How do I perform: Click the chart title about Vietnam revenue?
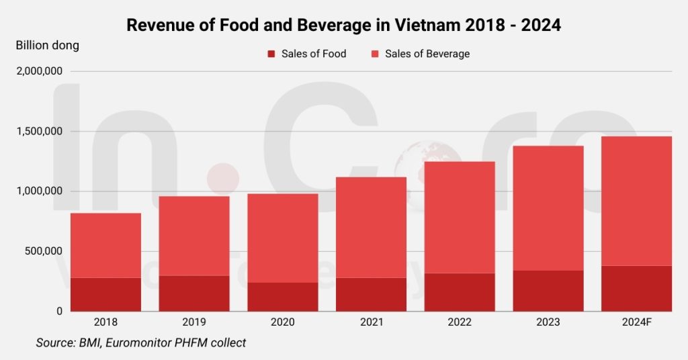pos(344,26)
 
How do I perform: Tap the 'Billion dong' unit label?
pos(47,46)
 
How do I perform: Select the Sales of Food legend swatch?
pos(271,54)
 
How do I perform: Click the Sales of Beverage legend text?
pos(427,54)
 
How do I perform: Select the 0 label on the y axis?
pos(59,311)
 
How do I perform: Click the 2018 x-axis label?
pos(105,322)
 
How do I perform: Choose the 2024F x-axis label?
pos(636,322)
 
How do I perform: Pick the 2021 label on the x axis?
pos(371,322)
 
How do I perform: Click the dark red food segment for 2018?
pos(105,294)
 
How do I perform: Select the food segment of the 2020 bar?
pos(282,296)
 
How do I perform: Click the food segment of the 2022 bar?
pos(460,291)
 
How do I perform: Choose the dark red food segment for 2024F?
pos(636,288)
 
